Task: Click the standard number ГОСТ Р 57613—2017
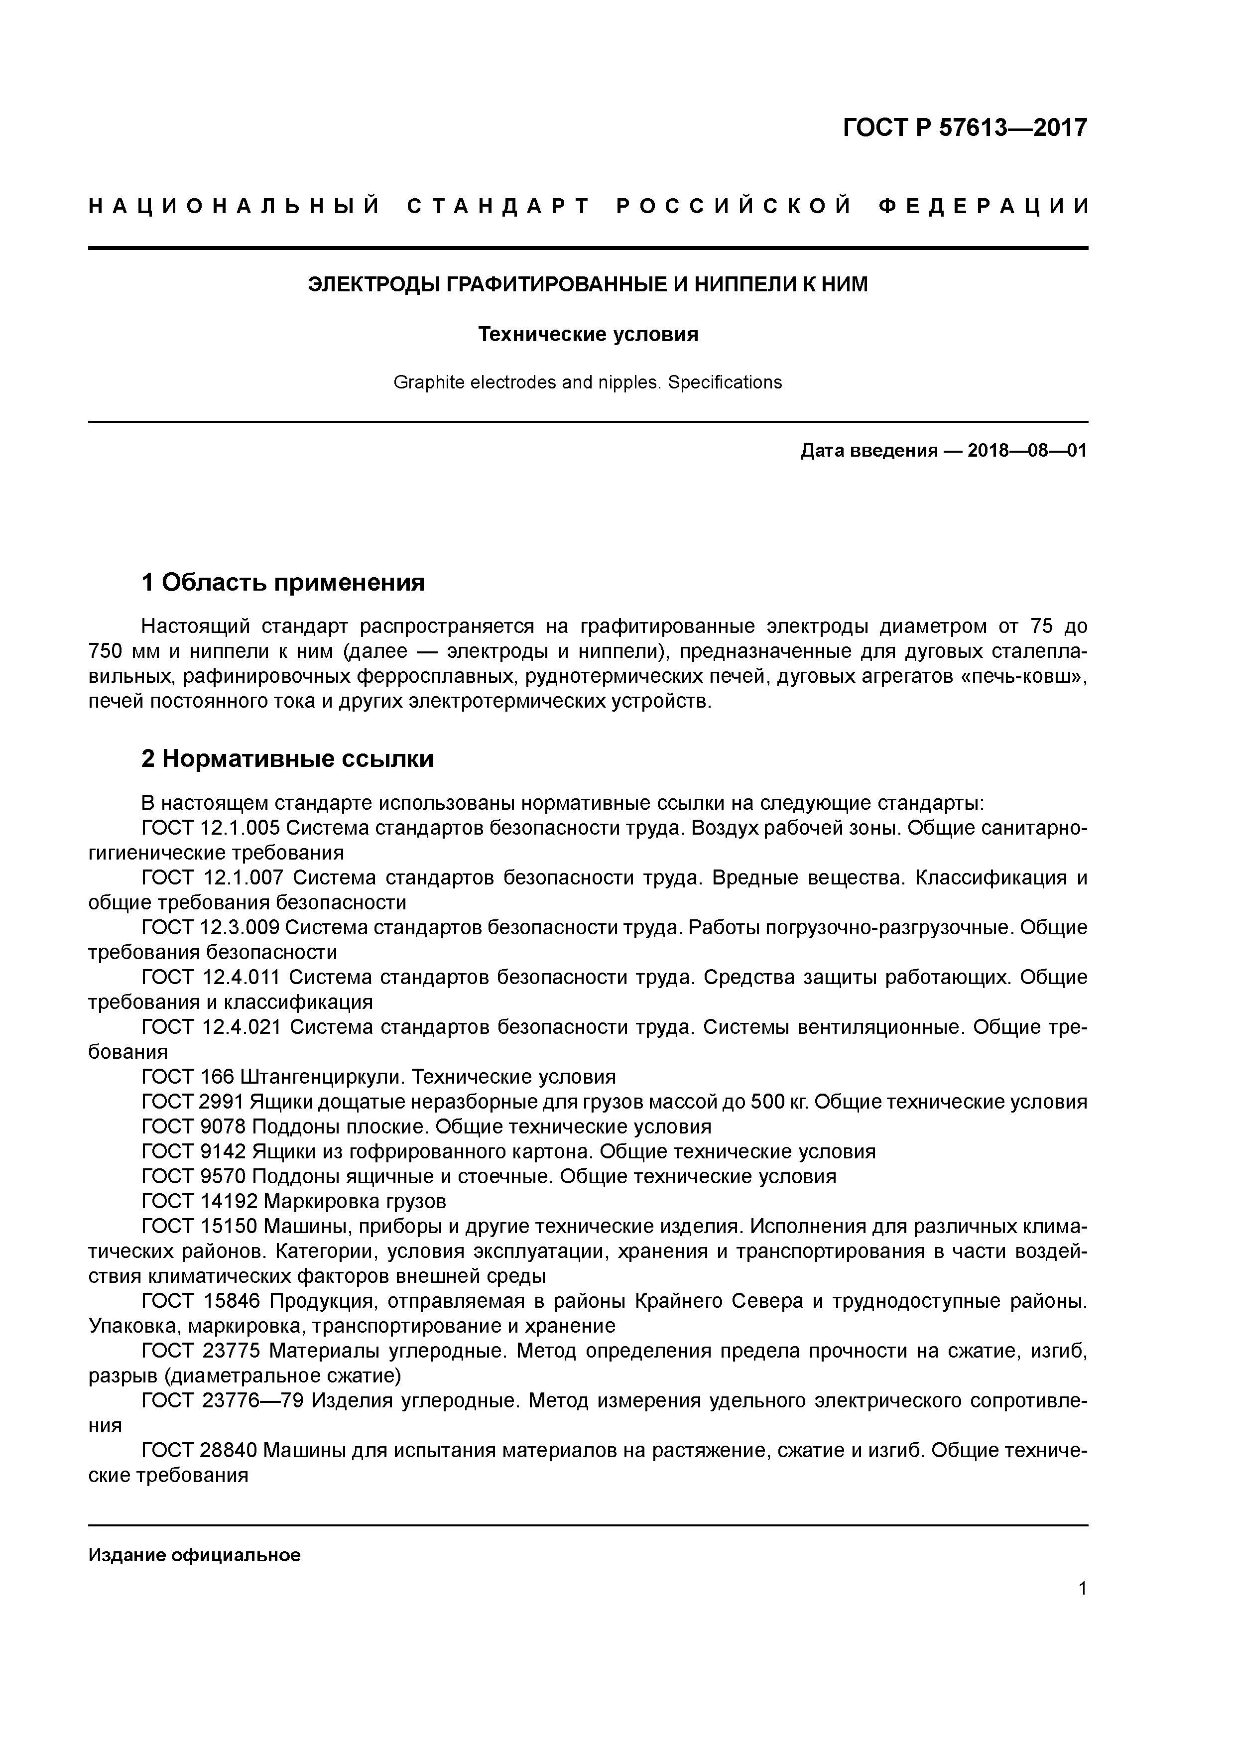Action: (x=965, y=127)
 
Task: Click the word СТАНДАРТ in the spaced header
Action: (x=498, y=206)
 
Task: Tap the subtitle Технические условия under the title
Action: (x=588, y=334)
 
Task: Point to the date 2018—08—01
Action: (x=1026, y=451)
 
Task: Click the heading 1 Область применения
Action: (x=283, y=582)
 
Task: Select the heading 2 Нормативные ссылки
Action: (x=288, y=758)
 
